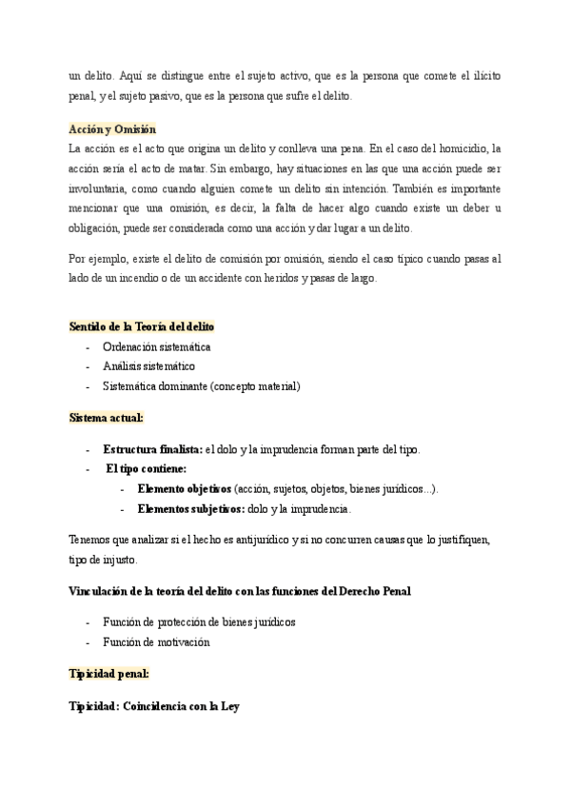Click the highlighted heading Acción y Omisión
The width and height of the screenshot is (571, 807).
[x=112, y=129]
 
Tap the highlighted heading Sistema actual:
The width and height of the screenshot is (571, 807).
[x=107, y=418]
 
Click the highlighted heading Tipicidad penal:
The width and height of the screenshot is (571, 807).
[x=108, y=674]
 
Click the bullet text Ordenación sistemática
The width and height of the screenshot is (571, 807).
[x=157, y=346]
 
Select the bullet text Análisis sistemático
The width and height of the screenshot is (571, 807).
[x=148, y=365]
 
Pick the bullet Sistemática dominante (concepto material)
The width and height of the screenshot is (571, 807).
[x=202, y=385]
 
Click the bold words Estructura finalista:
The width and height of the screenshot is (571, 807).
[x=152, y=449]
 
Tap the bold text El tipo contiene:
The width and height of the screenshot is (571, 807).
[x=146, y=468]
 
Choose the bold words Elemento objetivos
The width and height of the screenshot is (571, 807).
[x=185, y=489]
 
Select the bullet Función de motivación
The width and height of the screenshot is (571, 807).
[x=156, y=642]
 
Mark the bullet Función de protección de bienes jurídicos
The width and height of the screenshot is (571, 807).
[x=199, y=622]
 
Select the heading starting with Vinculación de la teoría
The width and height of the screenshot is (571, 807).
[x=240, y=591]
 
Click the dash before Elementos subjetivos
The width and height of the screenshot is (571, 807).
[x=123, y=509]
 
